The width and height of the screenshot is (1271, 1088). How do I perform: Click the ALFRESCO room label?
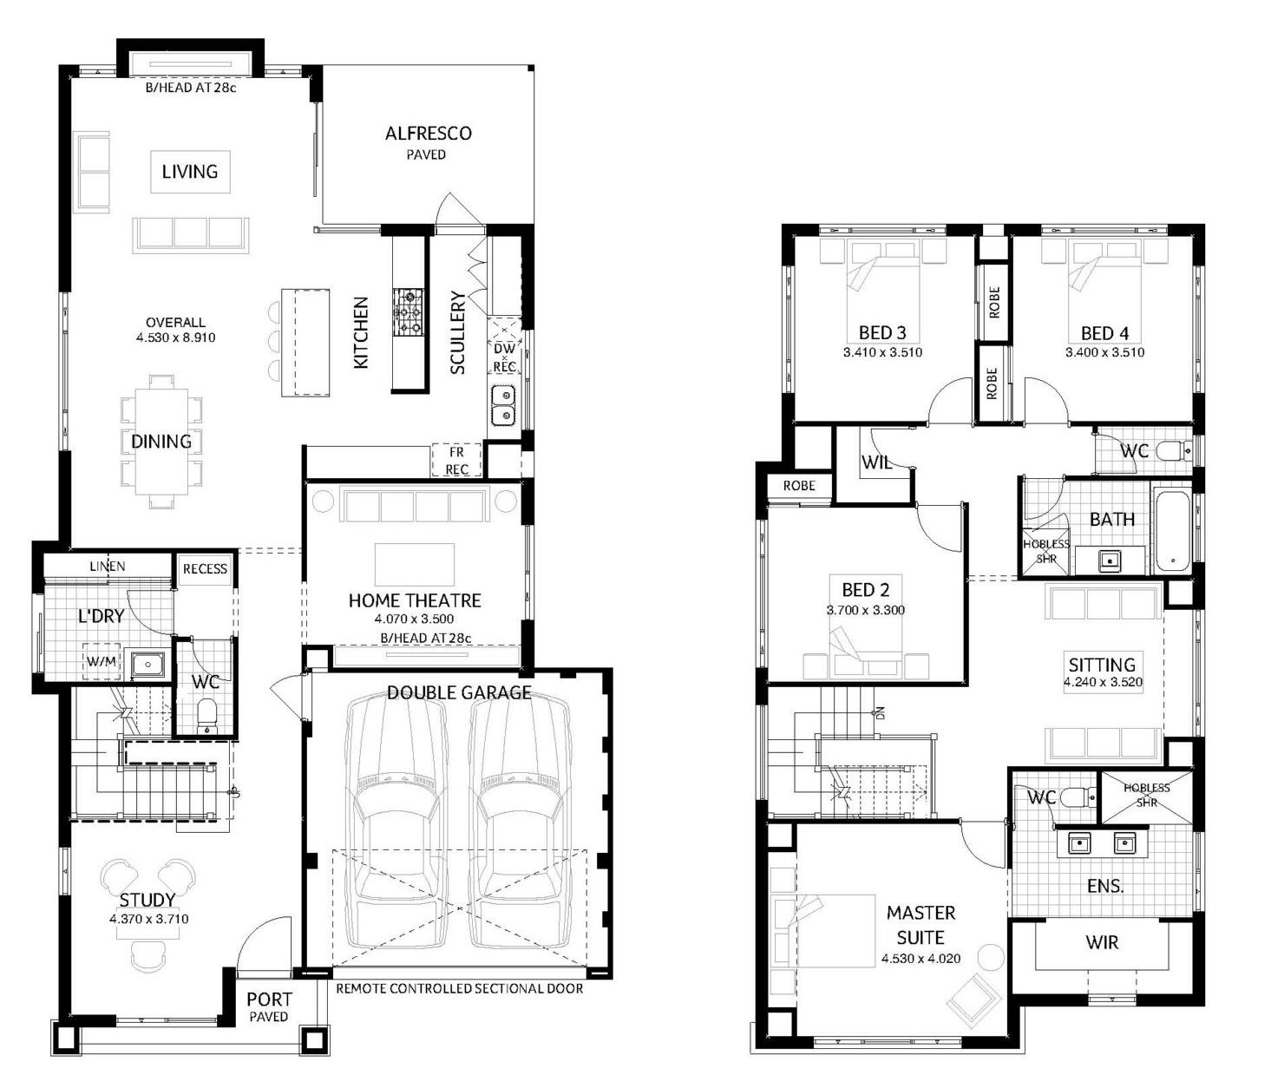coord(428,134)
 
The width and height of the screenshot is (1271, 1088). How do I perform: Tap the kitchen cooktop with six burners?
coord(409,311)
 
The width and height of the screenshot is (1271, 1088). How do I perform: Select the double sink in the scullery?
coord(503,405)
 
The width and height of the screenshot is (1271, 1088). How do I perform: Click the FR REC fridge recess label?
coord(456,461)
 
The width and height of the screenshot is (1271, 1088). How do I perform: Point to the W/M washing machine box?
coord(102,662)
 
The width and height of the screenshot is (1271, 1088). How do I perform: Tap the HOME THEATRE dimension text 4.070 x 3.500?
coord(414,619)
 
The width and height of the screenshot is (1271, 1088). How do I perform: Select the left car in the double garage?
coord(396,823)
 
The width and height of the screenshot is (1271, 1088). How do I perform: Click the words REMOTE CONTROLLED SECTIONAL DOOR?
coord(459,988)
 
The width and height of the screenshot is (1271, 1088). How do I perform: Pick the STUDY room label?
coord(147,901)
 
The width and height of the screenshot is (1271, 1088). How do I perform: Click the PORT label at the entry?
coord(269,1000)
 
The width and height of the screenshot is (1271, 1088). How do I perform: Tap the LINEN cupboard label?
coord(108,566)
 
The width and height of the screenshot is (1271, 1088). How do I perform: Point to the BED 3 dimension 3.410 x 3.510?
coord(882,352)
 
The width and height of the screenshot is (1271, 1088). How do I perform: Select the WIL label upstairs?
coord(877,462)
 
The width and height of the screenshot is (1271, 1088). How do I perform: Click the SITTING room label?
coord(1102,665)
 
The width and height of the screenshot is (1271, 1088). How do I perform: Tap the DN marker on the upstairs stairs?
coord(880,713)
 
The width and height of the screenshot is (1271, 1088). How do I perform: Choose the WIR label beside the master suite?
coord(1102,941)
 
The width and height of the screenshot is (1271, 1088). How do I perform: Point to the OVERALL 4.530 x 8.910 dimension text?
coord(176,330)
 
